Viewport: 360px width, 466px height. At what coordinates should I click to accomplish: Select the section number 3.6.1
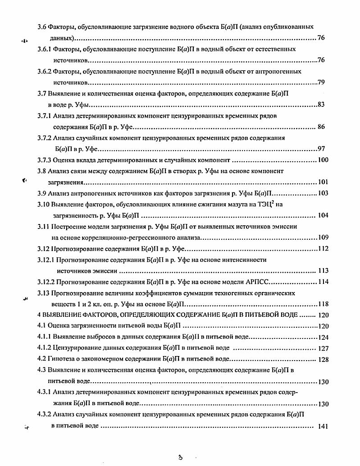[x=45, y=48]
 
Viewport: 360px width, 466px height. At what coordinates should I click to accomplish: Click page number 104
[x=323, y=215]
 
